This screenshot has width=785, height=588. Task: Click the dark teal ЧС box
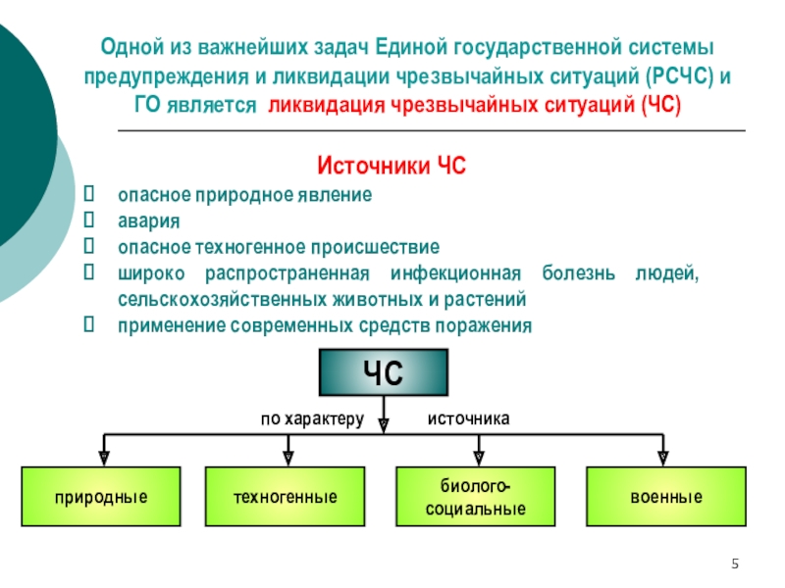pyautogui.click(x=384, y=372)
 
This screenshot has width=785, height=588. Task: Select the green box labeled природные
pyautogui.click(x=101, y=497)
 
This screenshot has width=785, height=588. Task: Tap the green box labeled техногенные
pyautogui.click(x=285, y=497)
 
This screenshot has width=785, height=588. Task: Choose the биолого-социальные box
pyautogui.click(x=476, y=497)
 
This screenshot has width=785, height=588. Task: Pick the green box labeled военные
pyautogui.click(x=666, y=497)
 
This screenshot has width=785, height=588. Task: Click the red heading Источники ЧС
pyautogui.click(x=392, y=166)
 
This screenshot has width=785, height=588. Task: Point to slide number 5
pyautogui.click(x=735, y=563)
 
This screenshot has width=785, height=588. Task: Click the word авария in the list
pyautogui.click(x=149, y=221)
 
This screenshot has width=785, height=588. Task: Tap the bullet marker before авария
pyautogui.click(x=89, y=220)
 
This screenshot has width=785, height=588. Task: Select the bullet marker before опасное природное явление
pyautogui.click(x=89, y=193)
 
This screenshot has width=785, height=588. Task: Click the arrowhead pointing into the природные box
pyautogui.click(x=104, y=459)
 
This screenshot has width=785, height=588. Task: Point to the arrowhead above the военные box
pyautogui.click(x=663, y=459)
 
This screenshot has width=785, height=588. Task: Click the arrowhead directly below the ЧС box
pyautogui.click(x=384, y=425)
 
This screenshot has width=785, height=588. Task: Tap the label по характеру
pyautogui.click(x=312, y=419)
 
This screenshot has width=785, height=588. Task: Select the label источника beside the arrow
pyautogui.click(x=469, y=418)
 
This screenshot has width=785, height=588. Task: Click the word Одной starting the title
pyautogui.click(x=132, y=47)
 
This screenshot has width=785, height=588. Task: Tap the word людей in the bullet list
pyautogui.click(x=667, y=274)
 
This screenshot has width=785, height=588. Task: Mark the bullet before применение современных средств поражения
pyautogui.click(x=89, y=324)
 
